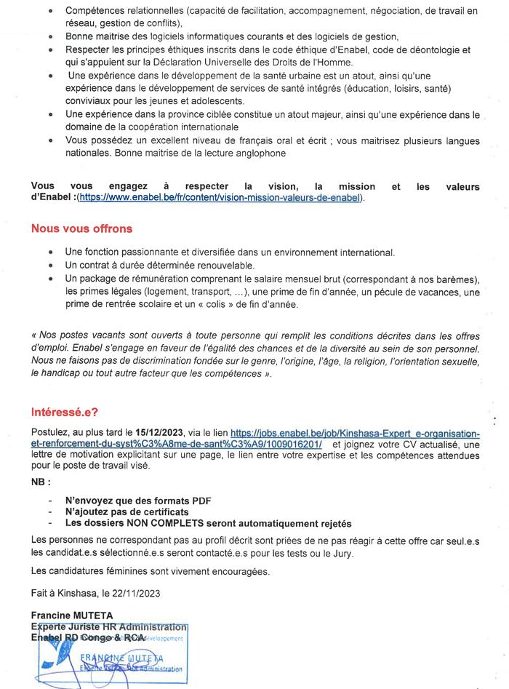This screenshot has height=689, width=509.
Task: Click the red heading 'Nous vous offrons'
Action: (x=81, y=228)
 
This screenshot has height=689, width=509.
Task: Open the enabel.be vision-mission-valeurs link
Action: (x=220, y=198)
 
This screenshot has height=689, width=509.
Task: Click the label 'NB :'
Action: (x=41, y=482)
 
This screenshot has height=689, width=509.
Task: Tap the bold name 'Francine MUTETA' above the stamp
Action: (x=72, y=615)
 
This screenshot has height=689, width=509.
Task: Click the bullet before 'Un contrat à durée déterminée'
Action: (x=50, y=266)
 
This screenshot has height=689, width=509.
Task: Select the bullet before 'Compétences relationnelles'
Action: (x=50, y=12)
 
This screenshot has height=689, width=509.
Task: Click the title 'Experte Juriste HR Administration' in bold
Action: (x=109, y=626)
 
